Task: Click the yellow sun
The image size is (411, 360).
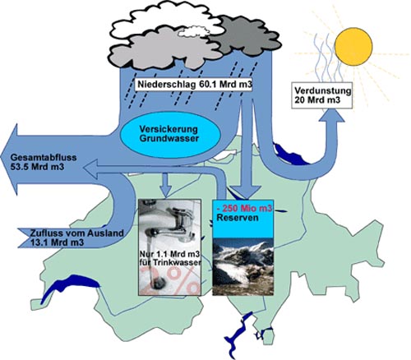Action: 353,46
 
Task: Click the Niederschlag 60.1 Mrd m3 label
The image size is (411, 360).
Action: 194,85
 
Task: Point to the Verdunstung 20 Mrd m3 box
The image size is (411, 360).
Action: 321,95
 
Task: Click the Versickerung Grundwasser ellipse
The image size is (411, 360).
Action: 170,134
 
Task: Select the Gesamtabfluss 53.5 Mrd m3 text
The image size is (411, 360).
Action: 44,162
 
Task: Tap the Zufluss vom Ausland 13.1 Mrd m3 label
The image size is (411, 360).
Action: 76,238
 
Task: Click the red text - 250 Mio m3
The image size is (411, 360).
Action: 244,209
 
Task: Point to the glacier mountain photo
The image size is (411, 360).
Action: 243,266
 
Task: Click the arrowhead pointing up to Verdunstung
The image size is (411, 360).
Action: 332,115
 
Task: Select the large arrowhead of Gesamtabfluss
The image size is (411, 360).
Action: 9,159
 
